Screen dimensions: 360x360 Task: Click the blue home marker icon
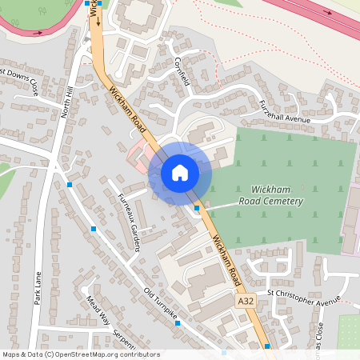[x=180, y=172]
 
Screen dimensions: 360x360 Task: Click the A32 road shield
[x=246, y=300]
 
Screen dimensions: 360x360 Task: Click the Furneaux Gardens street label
[x=129, y=223]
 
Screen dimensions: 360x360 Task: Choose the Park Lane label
[x=37, y=288]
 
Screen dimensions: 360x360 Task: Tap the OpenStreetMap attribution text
[x=80, y=354]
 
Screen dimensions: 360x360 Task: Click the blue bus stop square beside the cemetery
[x=197, y=208]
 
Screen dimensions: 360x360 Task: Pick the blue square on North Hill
[x=70, y=185]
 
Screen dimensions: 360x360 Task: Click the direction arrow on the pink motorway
[x=326, y=12]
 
